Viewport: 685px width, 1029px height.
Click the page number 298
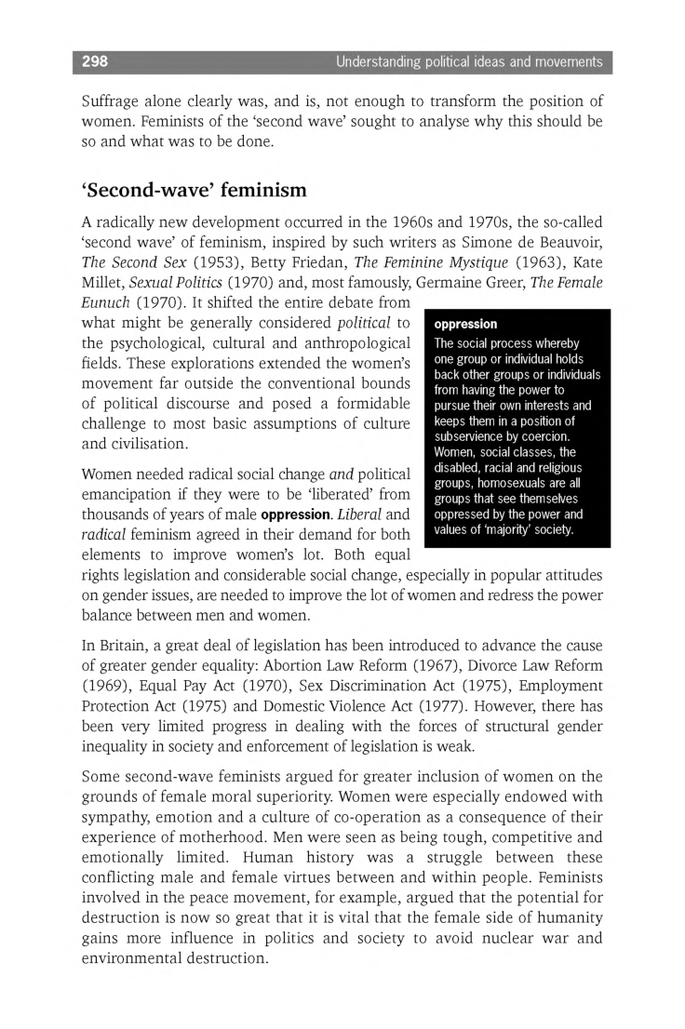click(95, 62)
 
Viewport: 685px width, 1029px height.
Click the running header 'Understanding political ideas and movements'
click(469, 62)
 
